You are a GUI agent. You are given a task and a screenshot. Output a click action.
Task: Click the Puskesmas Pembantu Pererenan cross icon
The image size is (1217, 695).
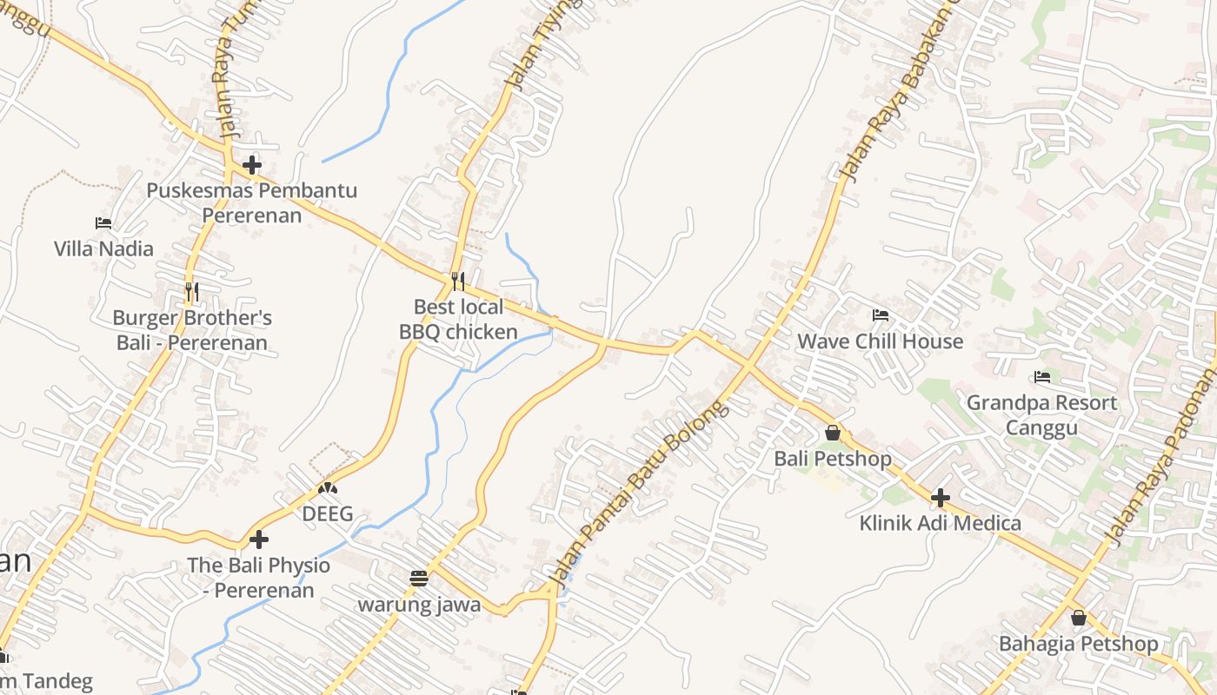click(252, 164)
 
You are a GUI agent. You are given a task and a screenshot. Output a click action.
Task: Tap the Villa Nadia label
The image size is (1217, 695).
click(103, 248)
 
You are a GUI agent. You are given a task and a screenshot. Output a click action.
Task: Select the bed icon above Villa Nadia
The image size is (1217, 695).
click(103, 223)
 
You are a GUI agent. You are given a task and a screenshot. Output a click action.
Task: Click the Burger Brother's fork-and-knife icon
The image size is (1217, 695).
click(192, 291)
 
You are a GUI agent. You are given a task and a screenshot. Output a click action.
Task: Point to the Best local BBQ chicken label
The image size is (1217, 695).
click(458, 320)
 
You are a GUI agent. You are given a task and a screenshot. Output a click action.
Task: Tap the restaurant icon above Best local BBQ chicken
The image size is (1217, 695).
click(458, 281)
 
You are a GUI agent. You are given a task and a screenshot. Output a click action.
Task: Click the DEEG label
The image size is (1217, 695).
click(328, 514)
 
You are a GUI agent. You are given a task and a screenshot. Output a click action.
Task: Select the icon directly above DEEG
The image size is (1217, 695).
click(328, 489)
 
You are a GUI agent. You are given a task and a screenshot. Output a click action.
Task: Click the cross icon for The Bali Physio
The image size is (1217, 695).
click(258, 539)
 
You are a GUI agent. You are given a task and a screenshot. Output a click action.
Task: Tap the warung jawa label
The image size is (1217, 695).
click(420, 605)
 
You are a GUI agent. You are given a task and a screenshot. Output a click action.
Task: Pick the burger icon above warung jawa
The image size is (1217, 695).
click(419, 579)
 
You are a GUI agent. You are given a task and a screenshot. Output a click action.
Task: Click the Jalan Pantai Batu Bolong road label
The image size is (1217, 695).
click(639, 493)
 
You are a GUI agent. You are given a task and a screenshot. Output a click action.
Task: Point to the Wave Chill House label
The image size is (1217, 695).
click(881, 341)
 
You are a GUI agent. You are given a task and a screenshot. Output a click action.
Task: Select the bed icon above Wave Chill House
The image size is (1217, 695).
click(881, 315)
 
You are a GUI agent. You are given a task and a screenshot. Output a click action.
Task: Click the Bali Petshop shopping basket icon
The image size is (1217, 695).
click(833, 432)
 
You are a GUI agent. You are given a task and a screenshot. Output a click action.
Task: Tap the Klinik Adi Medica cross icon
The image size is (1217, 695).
click(940, 498)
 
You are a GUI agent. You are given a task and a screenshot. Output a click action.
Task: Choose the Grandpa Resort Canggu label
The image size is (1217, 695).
click(1041, 415)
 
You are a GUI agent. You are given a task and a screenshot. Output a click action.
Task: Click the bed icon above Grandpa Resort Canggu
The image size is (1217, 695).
click(1042, 377)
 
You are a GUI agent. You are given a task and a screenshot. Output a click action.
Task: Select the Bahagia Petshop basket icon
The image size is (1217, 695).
click(1079, 618)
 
